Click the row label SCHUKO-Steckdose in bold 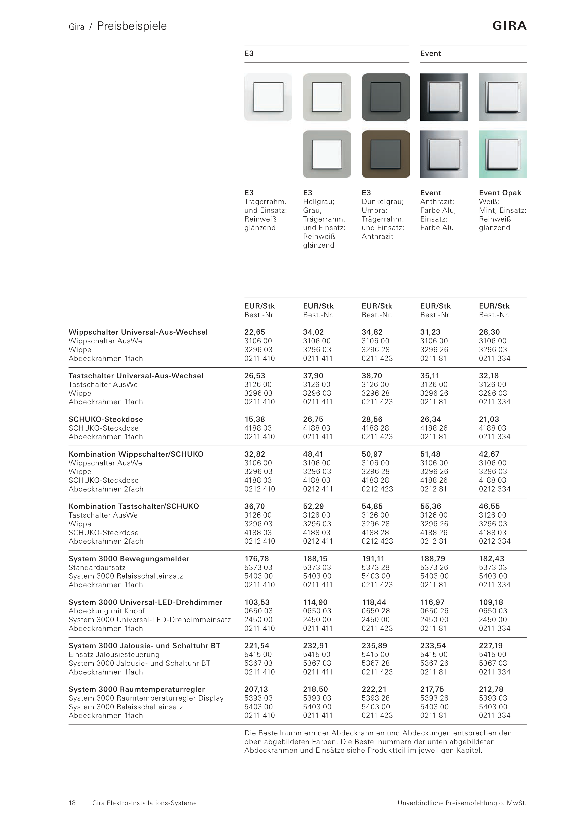pyautogui.click(x=106, y=419)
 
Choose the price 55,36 pyautogui.click(x=430, y=506)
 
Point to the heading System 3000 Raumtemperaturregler pyautogui.click(x=137, y=689)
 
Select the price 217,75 pyautogui.click(x=432, y=689)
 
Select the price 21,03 pyautogui.click(x=489, y=419)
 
